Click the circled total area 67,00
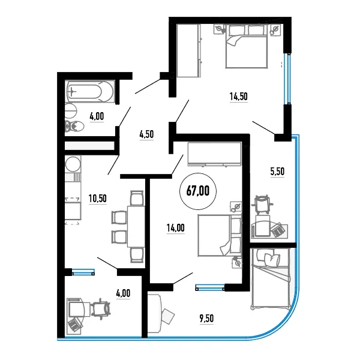[198, 191]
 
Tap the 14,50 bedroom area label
[239, 97]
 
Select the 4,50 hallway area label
[146, 134]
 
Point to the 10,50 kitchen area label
[98, 199]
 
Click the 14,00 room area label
[175, 228]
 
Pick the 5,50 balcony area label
[277, 172]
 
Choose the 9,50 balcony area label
[206, 319]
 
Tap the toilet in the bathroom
[74, 126]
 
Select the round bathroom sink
[71, 110]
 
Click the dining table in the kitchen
[136, 227]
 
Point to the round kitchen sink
[73, 164]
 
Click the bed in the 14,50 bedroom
[247, 46]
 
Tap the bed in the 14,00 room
[220, 235]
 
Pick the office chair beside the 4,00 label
[101, 309]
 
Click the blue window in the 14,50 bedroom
[287, 79]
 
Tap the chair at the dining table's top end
[137, 197]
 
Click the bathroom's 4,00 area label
[97, 116]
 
